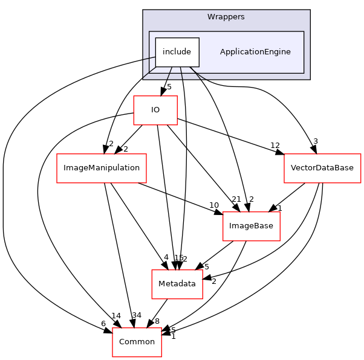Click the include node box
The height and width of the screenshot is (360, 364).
coord(177,52)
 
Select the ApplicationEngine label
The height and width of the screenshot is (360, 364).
coord(255,52)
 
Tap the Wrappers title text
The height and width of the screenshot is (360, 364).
coord(226,17)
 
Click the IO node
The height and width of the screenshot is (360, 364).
coord(155,110)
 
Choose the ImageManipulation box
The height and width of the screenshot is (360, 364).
coord(102,168)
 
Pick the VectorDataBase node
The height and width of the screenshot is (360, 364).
coord(322,168)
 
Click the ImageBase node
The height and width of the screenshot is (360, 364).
coord(251,226)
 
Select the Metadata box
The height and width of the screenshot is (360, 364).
coord(177,284)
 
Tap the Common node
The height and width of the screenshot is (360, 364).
coord(137,342)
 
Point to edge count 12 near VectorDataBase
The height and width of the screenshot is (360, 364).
coord(275,146)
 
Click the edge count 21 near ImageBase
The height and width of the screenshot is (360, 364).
coord(236,200)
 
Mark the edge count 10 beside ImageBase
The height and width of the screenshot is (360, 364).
coord(214,205)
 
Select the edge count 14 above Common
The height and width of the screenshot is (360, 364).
coord(117,315)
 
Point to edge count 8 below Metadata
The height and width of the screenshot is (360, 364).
coord(157,321)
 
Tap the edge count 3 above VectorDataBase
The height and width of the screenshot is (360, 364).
coord(315,141)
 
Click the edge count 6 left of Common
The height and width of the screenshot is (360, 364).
coord(103,324)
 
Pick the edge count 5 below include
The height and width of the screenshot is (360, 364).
coord(169,87)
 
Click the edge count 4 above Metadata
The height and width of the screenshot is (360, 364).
coord(165,257)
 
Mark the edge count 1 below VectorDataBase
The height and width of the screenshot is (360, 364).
coord(279,207)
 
